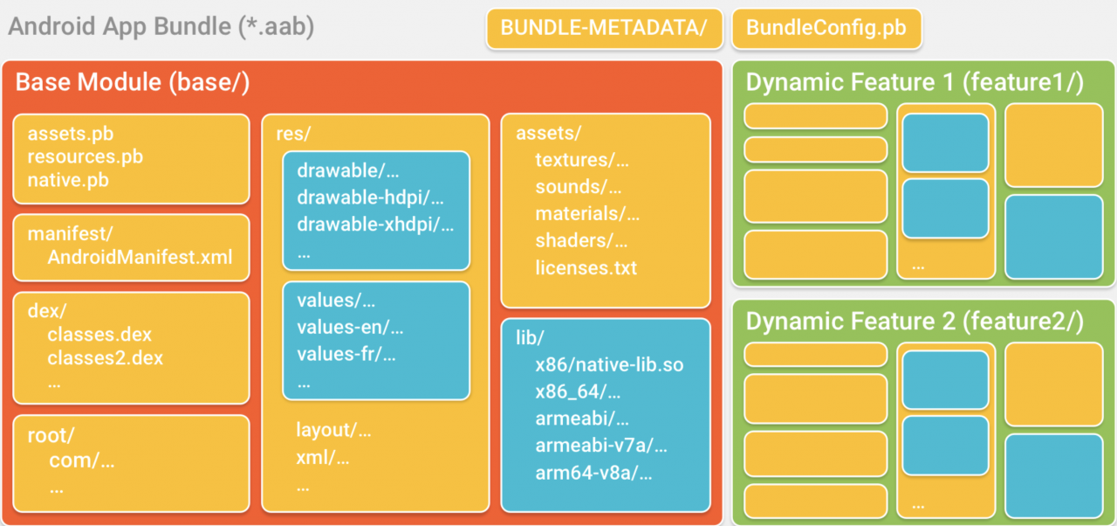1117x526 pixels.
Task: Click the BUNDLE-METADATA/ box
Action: click(x=605, y=29)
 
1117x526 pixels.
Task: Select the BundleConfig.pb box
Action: click(x=826, y=29)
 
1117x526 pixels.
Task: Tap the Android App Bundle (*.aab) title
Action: click(x=161, y=27)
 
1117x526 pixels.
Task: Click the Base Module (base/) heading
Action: click(x=133, y=82)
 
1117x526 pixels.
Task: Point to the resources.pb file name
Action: click(x=86, y=156)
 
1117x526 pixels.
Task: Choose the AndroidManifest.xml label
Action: click(x=140, y=257)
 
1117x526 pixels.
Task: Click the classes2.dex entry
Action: click(x=106, y=358)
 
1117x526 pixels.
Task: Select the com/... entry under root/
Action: click(x=82, y=460)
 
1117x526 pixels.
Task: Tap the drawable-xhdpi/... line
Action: click(x=375, y=225)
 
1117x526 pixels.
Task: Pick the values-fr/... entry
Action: click(x=346, y=355)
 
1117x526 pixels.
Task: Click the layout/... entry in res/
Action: click(x=333, y=430)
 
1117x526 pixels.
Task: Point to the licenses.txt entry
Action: click(x=586, y=268)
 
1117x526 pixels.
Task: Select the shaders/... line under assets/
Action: click(x=581, y=240)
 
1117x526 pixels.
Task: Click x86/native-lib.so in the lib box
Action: click(x=609, y=365)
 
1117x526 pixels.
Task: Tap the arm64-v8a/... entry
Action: click(x=594, y=473)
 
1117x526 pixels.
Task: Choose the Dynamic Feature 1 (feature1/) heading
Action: click(x=915, y=82)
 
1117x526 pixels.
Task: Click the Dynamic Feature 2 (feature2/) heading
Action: click(x=915, y=322)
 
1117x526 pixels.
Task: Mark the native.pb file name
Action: click(x=68, y=180)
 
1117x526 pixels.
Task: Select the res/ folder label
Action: click(x=294, y=134)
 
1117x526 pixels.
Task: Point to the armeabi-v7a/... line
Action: click(x=601, y=445)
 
